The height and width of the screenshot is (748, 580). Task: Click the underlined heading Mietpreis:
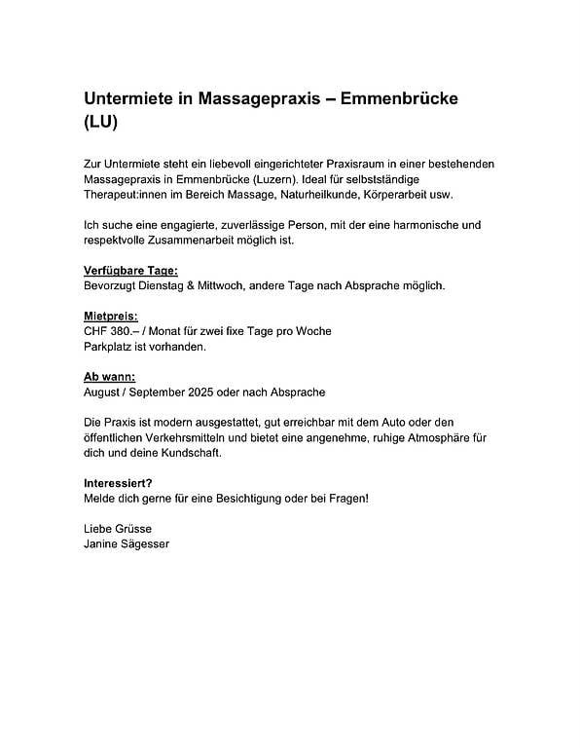click(111, 317)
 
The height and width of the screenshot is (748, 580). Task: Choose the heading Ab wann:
click(110, 377)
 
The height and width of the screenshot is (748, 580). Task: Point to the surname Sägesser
click(142, 543)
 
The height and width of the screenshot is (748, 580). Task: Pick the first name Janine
click(101, 543)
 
